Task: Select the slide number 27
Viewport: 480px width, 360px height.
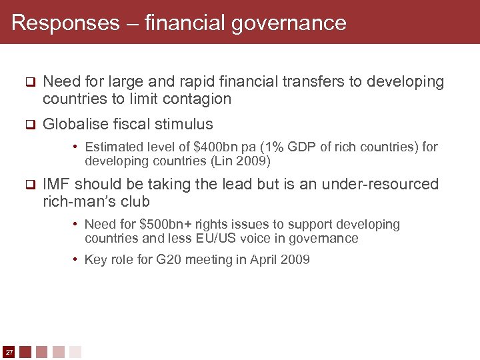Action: click(x=9, y=351)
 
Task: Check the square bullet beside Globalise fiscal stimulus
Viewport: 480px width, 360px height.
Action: click(x=29, y=125)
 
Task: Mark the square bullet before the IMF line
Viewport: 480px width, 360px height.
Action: click(x=29, y=185)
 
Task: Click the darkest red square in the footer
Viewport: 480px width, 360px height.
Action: click(x=25, y=351)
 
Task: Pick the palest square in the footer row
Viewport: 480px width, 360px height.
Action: click(x=75, y=351)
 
